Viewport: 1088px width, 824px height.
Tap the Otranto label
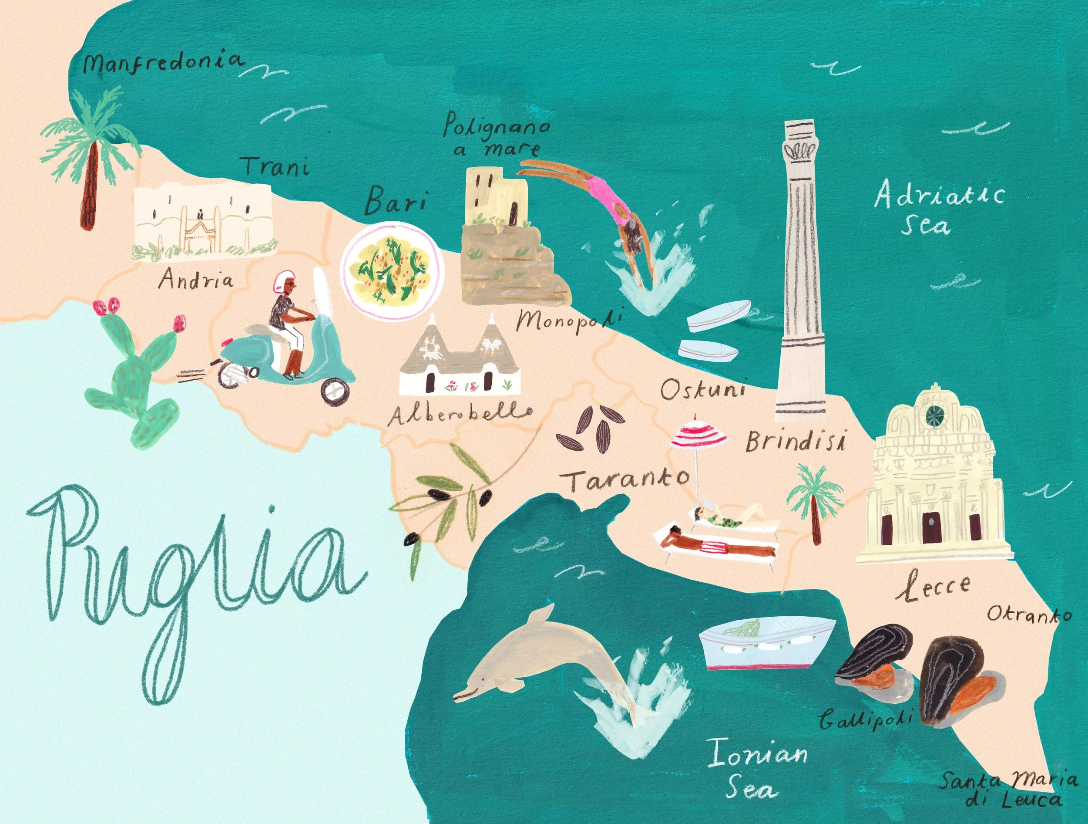click(x=1028, y=615)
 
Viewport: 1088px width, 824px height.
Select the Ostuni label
click(x=702, y=389)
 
